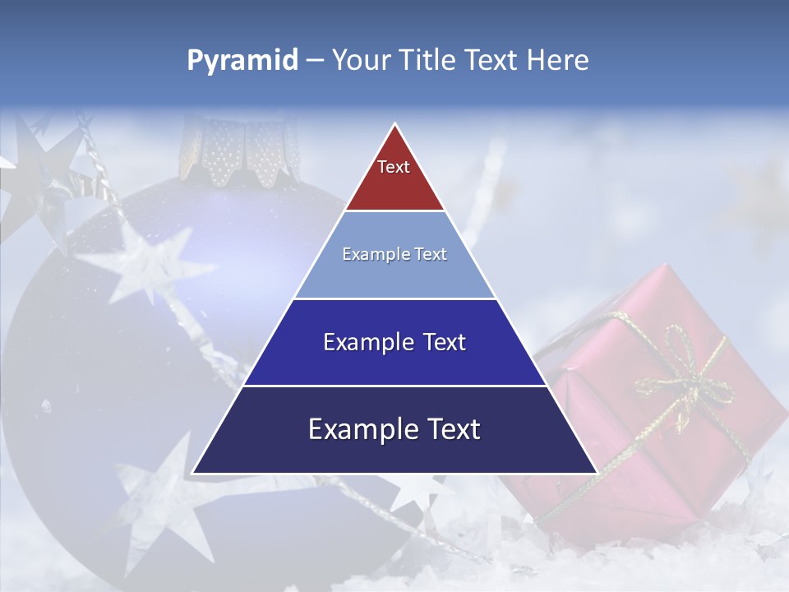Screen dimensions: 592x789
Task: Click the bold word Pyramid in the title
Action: (x=242, y=61)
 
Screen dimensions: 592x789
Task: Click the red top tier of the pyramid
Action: (x=394, y=177)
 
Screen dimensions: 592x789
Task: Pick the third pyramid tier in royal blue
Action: (x=394, y=362)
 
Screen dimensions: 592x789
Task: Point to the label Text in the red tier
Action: (x=393, y=167)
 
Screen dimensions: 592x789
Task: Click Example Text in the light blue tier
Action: (x=394, y=254)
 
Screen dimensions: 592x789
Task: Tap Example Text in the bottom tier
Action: (x=394, y=429)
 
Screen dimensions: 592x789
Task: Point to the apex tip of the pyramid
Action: (x=395, y=125)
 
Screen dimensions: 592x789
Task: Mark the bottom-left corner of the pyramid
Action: (x=193, y=473)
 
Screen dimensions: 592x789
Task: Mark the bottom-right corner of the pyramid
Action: (x=597, y=473)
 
